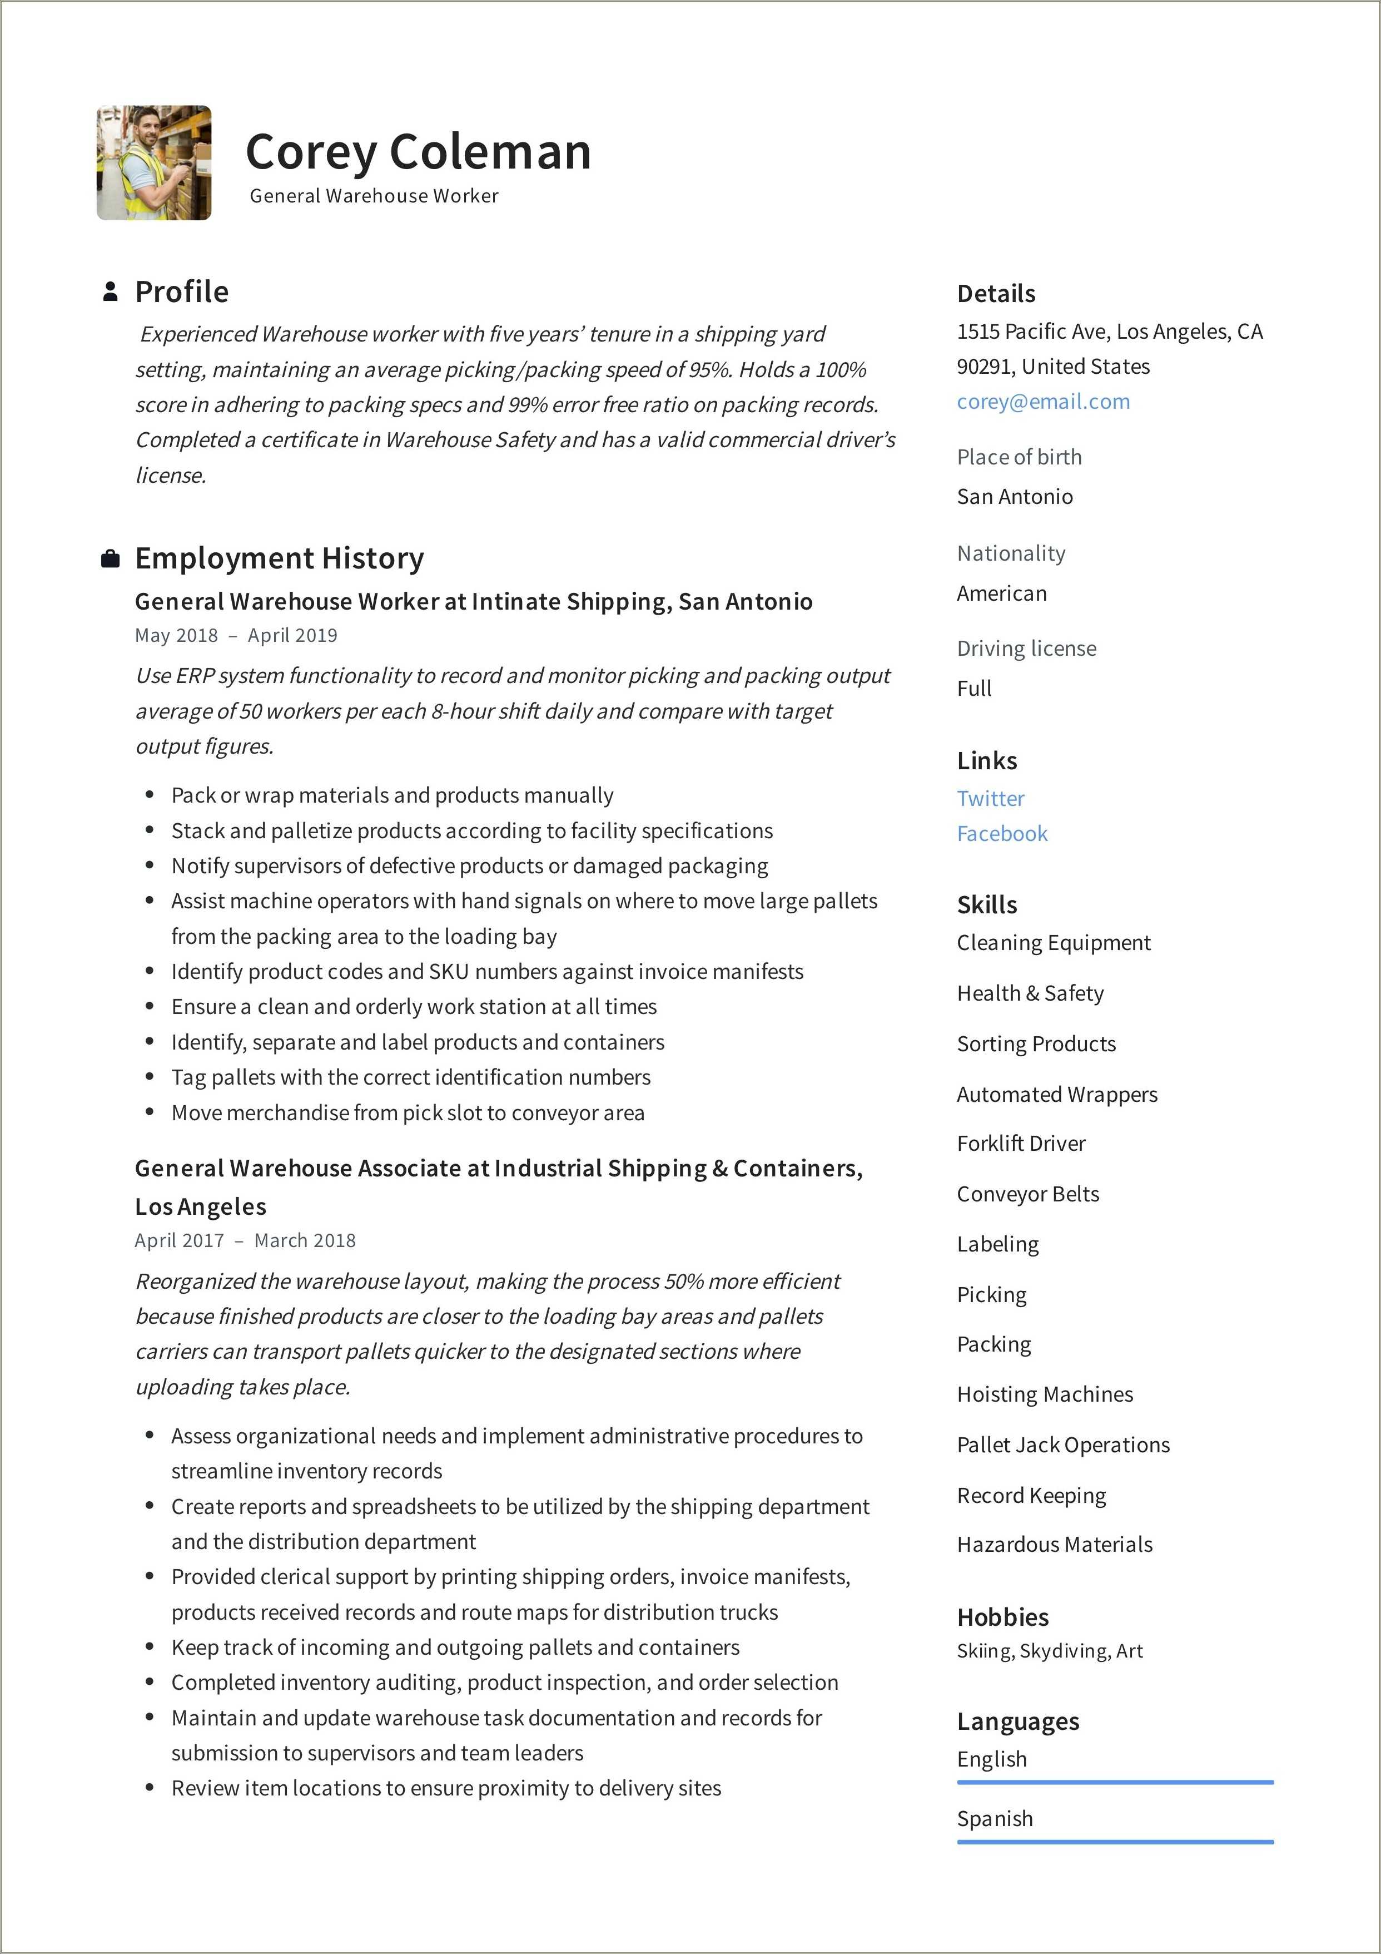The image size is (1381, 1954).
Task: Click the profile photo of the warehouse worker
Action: pos(154,162)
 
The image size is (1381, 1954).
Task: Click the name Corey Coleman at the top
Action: pos(418,152)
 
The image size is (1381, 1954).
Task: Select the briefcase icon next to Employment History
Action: pos(110,559)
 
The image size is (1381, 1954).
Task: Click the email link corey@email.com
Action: pos(1043,402)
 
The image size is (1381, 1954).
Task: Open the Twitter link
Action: pos(991,798)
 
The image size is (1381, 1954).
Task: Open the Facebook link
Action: pos(1001,834)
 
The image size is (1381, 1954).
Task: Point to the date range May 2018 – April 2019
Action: pos(236,636)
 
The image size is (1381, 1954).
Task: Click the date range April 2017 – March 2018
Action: pos(245,1241)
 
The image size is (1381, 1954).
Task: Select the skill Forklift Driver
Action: pos(1021,1144)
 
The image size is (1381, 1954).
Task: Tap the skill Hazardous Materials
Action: pos(1054,1545)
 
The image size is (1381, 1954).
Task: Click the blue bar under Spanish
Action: pos(1115,1842)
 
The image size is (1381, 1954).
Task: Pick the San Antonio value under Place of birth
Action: pos(1014,497)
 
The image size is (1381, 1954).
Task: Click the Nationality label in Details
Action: pos(1011,554)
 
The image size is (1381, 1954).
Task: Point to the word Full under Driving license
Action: pos(974,689)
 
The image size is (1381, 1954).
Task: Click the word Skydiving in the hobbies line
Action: pos(1064,1651)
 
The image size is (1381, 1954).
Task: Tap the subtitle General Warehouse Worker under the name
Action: pos(374,196)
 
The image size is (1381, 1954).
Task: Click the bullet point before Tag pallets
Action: pos(150,1077)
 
